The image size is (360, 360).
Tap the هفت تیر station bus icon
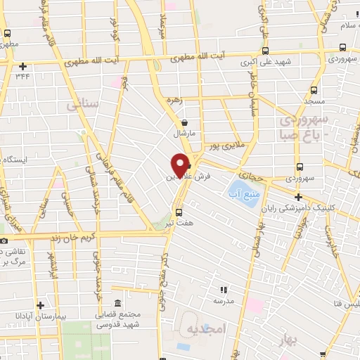click(179, 212)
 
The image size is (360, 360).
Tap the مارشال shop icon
click(183, 121)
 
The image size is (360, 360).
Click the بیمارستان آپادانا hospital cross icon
click(41, 305)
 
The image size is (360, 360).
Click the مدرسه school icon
click(224, 289)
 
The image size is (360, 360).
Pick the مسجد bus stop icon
click(314, 91)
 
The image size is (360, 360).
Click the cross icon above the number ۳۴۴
click(22, 65)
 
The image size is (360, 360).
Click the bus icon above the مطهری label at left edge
click(8, 32)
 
